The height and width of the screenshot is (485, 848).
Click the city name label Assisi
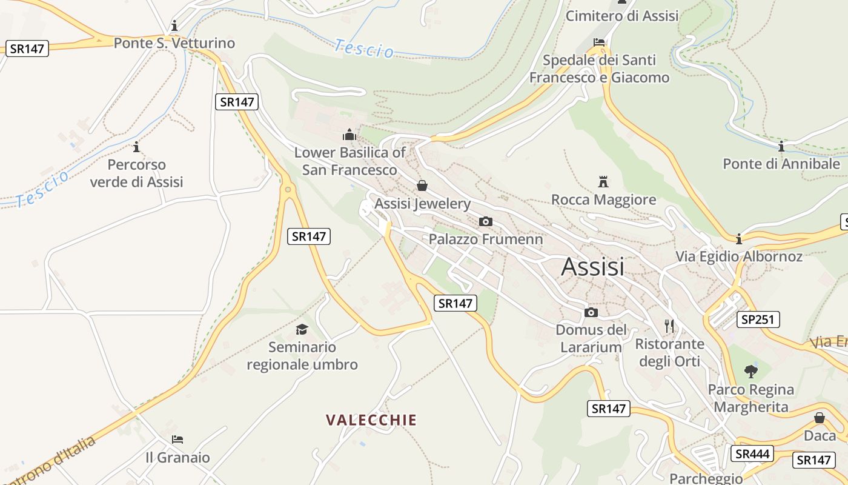coord(592,267)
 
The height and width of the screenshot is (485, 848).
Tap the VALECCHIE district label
coord(371,420)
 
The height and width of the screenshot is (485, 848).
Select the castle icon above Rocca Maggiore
coord(603,181)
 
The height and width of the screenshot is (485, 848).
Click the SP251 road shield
coord(758,319)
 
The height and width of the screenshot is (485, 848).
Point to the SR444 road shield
coord(752,453)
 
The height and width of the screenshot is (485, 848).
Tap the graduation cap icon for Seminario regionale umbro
coord(302,329)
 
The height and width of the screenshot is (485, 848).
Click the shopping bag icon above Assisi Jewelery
coord(422,186)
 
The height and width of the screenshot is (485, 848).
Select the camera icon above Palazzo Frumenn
coord(485,221)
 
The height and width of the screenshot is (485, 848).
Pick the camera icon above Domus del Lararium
coord(591,312)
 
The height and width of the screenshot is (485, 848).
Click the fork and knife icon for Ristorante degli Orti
coord(669,326)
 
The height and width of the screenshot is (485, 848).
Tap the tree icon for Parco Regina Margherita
coord(751,371)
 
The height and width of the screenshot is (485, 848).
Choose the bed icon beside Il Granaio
coord(177,440)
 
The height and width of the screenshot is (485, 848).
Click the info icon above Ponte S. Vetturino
coord(174,25)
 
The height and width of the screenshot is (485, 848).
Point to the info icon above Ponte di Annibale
coord(781,146)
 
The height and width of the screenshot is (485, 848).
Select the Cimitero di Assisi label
coord(622,16)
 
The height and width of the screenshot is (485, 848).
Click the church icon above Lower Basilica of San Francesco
coord(349,134)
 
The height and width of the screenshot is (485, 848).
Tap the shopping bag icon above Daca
coord(820,418)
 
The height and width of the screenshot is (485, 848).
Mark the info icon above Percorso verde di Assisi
coord(136,147)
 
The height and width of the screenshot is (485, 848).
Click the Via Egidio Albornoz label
coord(739,256)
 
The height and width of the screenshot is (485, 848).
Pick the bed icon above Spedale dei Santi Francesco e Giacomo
coord(599,42)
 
